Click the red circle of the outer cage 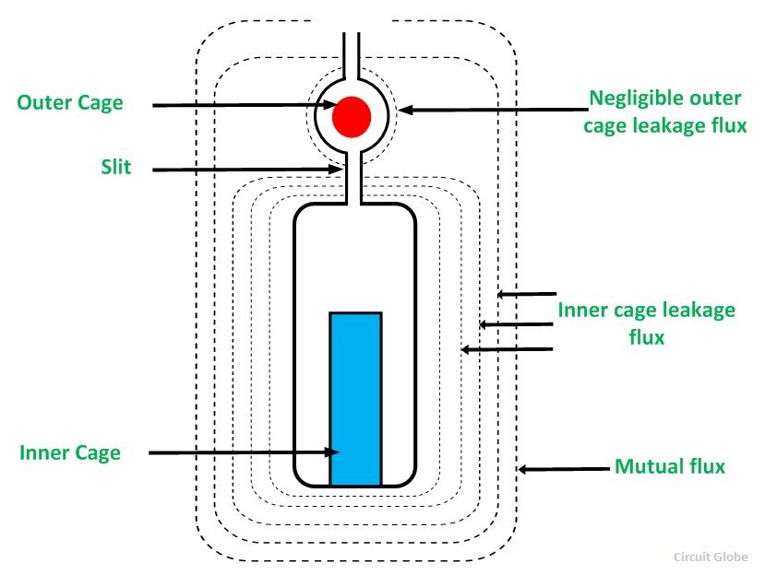click(x=352, y=116)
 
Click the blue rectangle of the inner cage click(x=355, y=398)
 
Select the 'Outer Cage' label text click(x=70, y=102)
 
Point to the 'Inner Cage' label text click(x=70, y=452)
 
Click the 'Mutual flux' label click(x=670, y=466)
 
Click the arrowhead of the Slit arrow click(x=340, y=170)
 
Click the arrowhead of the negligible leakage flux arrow click(x=402, y=110)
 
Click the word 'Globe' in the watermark click(x=734, y=557)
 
